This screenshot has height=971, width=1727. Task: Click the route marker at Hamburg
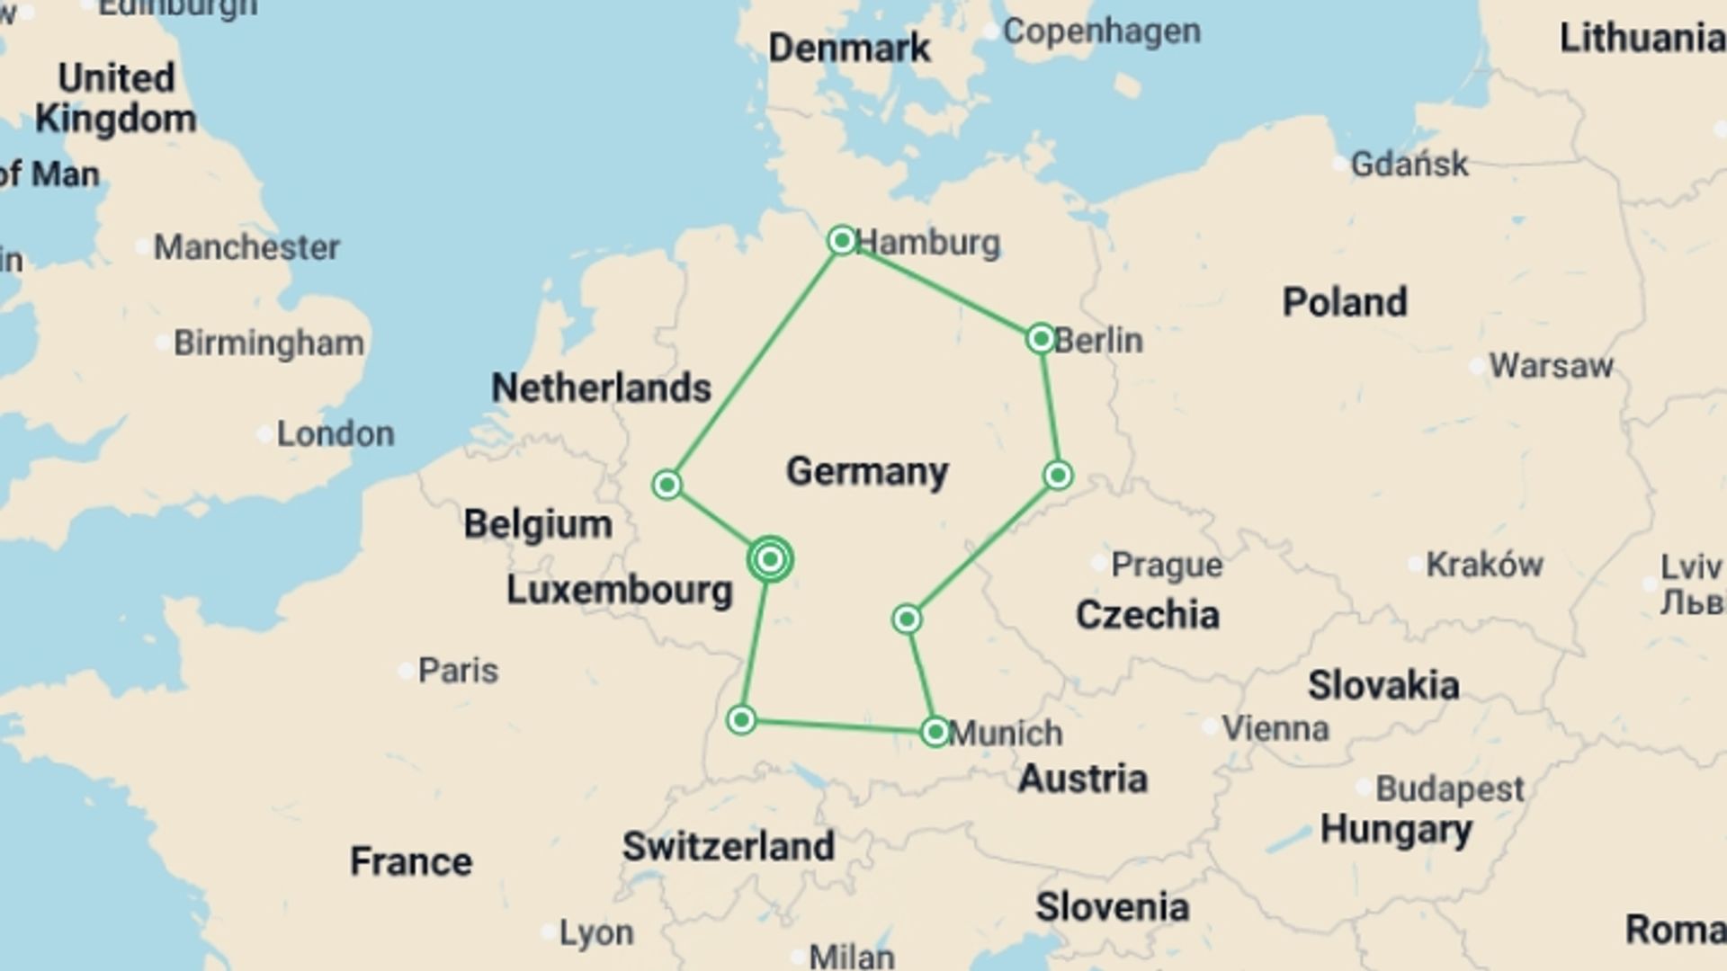[x=842, y=240]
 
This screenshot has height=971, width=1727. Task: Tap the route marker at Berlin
[x=1041, y=339]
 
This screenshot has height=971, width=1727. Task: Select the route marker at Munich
[x=935, y=732]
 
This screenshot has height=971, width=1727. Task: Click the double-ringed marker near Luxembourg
[x=770, y=559]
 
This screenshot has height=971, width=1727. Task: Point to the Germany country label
[x=867, y=471]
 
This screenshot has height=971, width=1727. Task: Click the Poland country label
[x=1345, y=302]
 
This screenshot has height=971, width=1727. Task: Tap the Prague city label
[x=1167, y=565]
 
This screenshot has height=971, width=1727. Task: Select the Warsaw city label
[x=1551, y=366]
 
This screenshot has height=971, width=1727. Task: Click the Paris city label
[x=458, y=671]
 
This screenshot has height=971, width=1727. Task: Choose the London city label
[x=335, y=434]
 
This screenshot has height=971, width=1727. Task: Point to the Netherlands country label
[x=601, y=388]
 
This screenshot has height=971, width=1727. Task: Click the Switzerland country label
[x=729, y=846]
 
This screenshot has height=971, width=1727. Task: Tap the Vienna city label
[x=1275, y=728]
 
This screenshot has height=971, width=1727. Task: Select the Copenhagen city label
[x=1101, y=31]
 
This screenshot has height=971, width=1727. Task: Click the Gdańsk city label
[x=1409, y=165]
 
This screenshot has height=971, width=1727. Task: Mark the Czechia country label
[x=1148, y=615]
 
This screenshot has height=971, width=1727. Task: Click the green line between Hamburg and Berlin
[x=941, y=290]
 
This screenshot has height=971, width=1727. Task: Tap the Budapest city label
[x=1449, y=789]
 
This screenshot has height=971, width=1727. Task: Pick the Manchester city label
[x=246, y=247]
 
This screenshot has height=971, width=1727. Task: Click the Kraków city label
[x=1484, y=565]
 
